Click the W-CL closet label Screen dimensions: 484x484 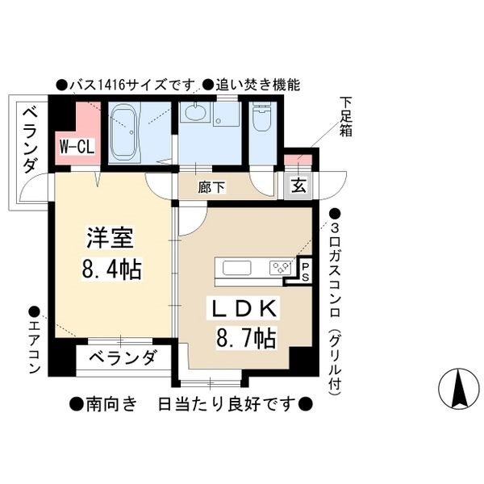point(77,147)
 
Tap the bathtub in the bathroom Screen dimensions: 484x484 point(123,131)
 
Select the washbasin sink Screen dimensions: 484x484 point(194,112)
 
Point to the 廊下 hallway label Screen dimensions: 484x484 point(211,187)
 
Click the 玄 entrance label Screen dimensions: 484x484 point(298,186)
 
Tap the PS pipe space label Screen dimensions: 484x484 point(305,272)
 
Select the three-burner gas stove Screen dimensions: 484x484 point(281,268)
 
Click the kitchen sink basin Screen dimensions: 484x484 point(236,268)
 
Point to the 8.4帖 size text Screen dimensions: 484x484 point(112,269)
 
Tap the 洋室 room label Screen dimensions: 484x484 point(110,238)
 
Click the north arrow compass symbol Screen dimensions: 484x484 point(459,389)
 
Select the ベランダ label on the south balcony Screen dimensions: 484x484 point(123,357)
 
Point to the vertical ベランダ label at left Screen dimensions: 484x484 point(31,140)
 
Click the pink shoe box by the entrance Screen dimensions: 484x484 point(298,160)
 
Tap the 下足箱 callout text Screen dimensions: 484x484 point(346,117)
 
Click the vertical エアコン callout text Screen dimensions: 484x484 point(35,347)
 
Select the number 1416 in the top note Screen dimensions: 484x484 point(111,85)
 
